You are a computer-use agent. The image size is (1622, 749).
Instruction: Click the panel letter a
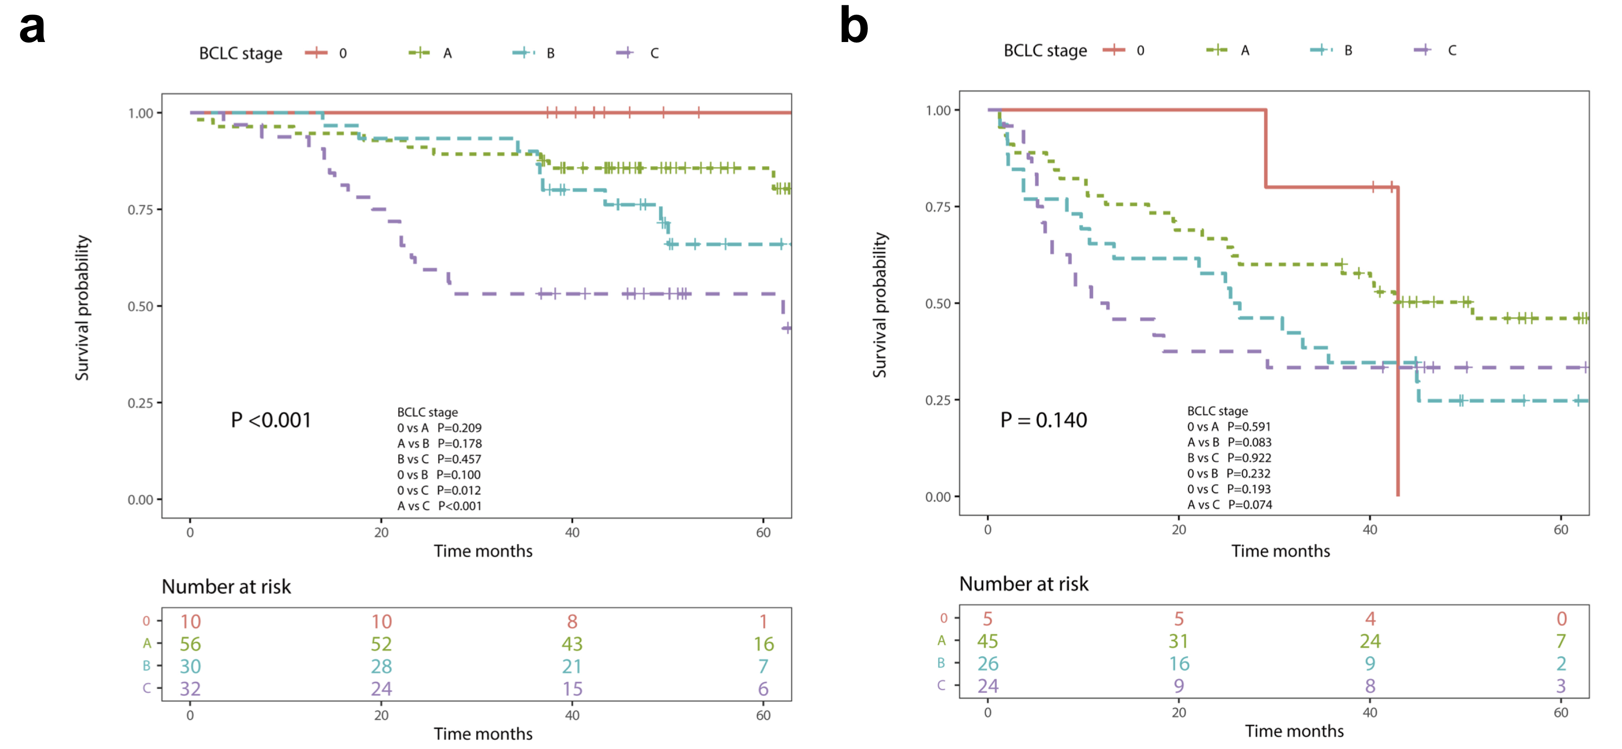point(32,28)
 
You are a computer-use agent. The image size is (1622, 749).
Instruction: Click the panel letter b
point(854,27)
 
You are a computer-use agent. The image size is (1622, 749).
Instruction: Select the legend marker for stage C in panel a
point(625,53)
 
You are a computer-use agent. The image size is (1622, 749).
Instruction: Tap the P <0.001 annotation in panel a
point(271,420)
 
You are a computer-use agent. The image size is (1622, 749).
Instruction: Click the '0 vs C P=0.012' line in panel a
point(439,490)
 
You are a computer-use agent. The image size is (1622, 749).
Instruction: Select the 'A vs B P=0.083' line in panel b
point(1229,442)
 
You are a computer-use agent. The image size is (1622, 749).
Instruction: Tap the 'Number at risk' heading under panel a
point(226,587)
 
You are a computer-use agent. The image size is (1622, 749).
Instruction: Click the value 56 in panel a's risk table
point(190,644)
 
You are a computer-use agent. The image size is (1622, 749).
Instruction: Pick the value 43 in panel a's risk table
point(572,644)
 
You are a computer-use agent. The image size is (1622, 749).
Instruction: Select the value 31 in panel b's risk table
point(1179,641)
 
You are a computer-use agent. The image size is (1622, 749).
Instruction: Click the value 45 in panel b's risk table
point(987,641)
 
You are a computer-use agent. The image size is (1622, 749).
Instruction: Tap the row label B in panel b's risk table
point(941,663)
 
